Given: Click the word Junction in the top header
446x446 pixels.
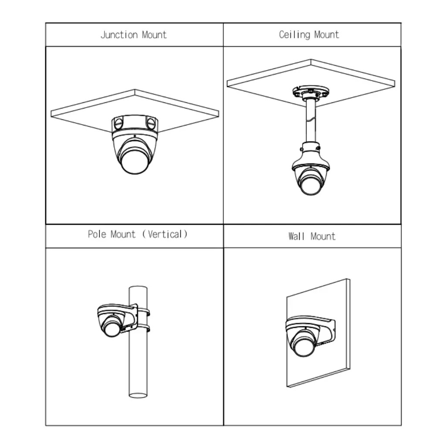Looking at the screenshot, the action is pos(119,35).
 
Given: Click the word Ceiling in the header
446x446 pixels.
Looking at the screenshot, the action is pos(294,35).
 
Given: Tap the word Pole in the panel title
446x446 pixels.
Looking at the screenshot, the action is pos(97,234).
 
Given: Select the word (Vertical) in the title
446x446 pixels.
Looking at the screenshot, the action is pos(165,234).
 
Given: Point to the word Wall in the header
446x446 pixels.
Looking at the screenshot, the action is pos(296,237).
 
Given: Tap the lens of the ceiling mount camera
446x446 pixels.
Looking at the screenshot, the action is pos(311,184).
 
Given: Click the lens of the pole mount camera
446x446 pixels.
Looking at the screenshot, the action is pos(112,328).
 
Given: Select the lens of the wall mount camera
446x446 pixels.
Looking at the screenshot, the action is pos(304,345).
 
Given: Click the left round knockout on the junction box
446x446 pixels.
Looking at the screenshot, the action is pos(118,123).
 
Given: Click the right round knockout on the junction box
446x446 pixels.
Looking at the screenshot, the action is pos(151,123).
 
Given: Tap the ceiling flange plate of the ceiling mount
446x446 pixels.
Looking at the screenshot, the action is pos(311,92).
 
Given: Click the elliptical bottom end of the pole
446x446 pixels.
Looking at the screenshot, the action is pos(138,395).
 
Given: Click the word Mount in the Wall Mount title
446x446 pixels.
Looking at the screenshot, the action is pos(323,237).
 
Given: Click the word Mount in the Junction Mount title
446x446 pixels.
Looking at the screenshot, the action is pos(154,35).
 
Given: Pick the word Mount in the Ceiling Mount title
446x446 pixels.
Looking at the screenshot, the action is pos(327,35).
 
